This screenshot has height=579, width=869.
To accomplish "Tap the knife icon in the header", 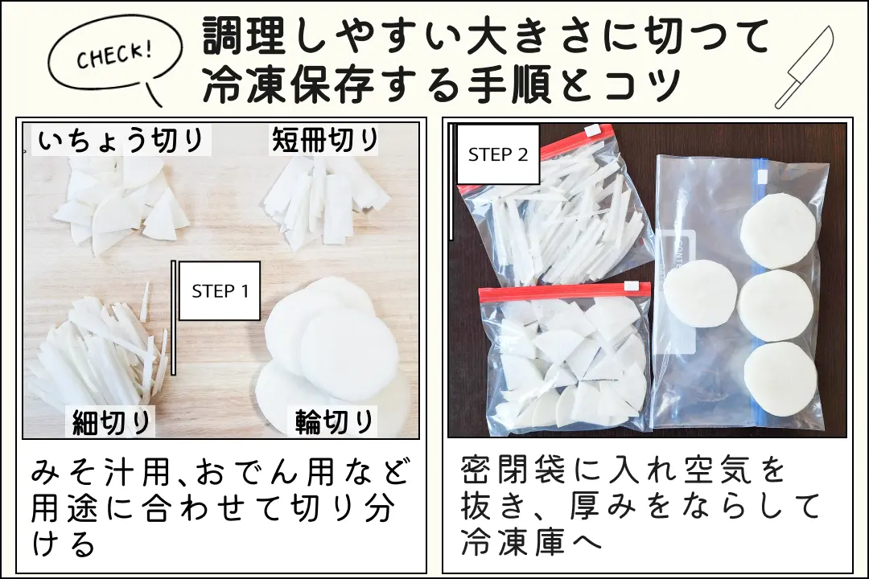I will click(x=804, y=68).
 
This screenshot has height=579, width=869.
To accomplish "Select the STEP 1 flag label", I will click(x=220, y=291).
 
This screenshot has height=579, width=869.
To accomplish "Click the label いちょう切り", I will click(x=121, y=141).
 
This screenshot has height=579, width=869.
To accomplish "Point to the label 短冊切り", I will click(x=324, y=141).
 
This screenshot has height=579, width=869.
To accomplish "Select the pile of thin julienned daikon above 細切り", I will click(x=101, y=354).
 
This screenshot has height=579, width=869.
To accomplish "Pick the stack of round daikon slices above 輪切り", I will click(x=330, y=346).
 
